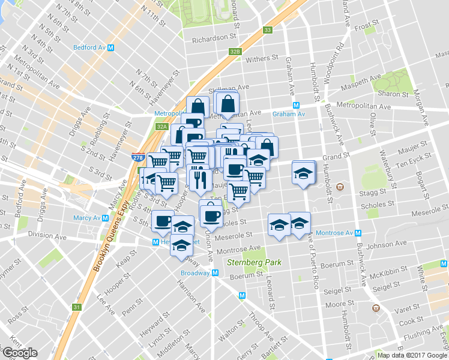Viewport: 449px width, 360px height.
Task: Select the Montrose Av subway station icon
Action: click(357, 233)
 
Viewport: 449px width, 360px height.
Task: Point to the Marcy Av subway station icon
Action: click(105, 218)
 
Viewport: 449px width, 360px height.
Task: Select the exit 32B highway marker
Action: click(235, 52)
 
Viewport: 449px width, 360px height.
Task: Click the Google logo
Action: click(19, 353)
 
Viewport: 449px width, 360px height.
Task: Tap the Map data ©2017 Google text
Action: click(412, 355)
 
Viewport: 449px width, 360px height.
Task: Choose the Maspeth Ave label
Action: click(366, 79)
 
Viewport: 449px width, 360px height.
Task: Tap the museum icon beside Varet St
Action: click(376, 307)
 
